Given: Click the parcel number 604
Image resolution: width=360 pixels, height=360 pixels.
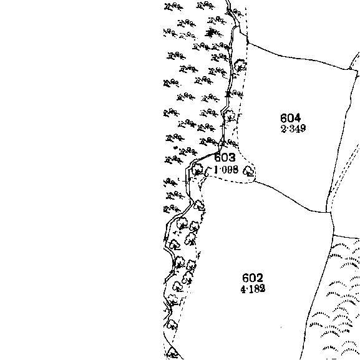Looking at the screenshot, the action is pos(291,119).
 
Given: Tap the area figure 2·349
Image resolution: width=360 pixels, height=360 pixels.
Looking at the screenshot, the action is pos(293,129).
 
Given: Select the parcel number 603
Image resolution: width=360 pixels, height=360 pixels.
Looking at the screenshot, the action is pos(225,157).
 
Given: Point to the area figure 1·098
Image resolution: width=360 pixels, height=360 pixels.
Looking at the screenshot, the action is pos(226,170).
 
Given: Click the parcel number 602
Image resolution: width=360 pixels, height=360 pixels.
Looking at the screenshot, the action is pos(253,278).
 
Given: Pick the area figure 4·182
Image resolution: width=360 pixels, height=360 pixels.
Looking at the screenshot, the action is pos(253,289).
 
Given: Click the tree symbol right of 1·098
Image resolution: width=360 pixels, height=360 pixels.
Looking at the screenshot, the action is pos(249,172).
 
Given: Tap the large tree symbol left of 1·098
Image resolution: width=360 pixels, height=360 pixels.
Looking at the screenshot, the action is pos(197,169).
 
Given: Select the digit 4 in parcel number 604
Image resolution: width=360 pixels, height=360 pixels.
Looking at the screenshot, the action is pos(297,119).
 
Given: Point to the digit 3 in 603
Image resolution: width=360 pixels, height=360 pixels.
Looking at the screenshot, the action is pos(232,157).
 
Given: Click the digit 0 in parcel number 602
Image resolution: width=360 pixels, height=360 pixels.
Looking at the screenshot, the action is pos(253,278).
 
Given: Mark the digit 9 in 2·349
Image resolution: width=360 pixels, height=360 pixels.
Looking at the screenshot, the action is pos(303,129).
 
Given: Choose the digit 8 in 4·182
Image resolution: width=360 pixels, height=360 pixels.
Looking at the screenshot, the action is pos(257,289).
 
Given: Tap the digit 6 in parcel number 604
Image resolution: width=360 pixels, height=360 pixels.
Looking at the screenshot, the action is pos(284,119).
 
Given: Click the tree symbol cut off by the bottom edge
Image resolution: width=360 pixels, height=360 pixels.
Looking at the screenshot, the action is pos(172,354).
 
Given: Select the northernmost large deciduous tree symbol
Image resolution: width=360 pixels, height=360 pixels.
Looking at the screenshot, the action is pos(240,66).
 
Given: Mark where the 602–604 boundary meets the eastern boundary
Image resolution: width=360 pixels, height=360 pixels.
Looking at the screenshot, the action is pos(326,212).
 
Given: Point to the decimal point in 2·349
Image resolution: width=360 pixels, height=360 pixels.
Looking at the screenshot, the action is pos(288,129).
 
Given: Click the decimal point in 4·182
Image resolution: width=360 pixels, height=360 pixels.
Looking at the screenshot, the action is pos(247,289).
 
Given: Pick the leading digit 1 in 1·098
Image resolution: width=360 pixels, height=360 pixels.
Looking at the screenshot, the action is pos(216,170).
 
